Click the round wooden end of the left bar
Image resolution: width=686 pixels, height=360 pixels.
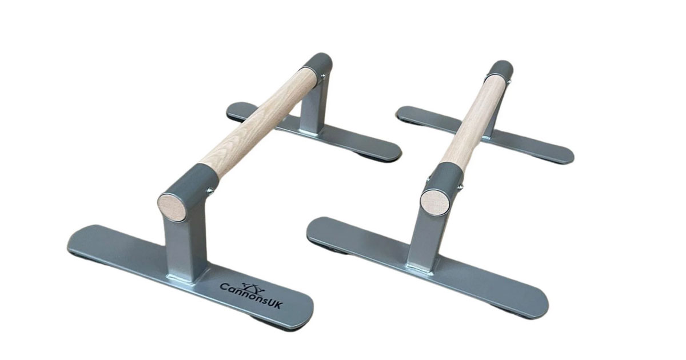pyautogui.click(x=172, y=206)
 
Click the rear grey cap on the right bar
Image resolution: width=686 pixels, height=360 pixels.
pyautogui.click(x=500, y=70)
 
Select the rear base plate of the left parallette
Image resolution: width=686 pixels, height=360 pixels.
pyautogui.click(x=314, y=131)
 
